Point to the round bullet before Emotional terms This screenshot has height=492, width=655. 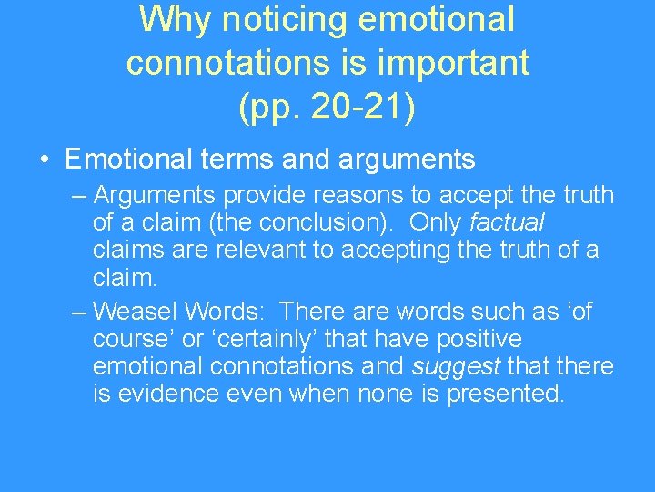click(x=45, y=160)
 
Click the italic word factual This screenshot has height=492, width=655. click(x=506, y=222)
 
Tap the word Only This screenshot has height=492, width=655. click(x=437, y=222)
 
